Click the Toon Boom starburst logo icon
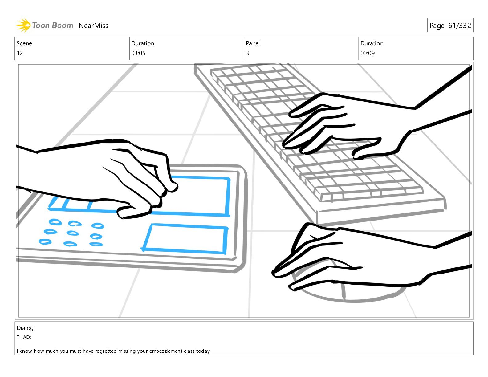pyautogui.click(x=23, y=25)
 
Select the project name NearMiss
pyautogui.click(x=93, y=26)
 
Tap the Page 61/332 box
pyautogui.click(x=450, y=25)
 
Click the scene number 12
pyautogui.click(x=20, y=53)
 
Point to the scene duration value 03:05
pyautogui.click(x=138, y=53)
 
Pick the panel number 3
pyautogui.click(x=247, y=53)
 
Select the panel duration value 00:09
pyautogui.click(x=368, y=53)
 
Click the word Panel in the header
pyautogui.click(x=253, y=43)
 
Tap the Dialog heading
pyautogui.click(x=25, y=328)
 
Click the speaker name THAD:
pyautogui.click(x=24, y=337)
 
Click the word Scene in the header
pyautogui.click(x=24, y=43)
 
